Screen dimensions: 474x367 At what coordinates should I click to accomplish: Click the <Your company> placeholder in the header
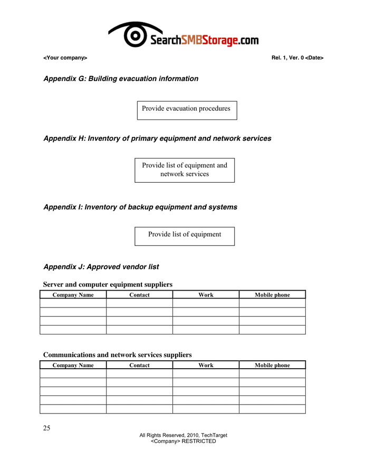click(65, 57)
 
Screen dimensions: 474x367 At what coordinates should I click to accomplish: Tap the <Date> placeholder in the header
click(314, 57)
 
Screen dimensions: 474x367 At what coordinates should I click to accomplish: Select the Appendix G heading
click(121, 78)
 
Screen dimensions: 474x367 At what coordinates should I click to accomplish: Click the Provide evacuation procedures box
click(186, 109)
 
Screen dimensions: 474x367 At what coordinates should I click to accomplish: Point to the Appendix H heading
click(157, 139)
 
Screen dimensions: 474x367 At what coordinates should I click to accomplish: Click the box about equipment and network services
click(185, 170)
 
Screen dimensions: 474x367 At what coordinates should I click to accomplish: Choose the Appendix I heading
click(140, 207)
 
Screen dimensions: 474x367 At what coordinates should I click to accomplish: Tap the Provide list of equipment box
click(185, 235)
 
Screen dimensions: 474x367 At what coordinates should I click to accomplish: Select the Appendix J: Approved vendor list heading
click(101, 267)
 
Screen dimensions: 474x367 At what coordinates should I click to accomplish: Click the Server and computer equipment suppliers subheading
click(108, 284)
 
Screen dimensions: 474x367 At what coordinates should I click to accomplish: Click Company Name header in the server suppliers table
click(73, 295)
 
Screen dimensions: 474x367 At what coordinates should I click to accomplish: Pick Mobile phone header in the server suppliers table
click(272, 295)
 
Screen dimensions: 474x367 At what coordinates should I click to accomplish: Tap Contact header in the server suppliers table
click(139, 295)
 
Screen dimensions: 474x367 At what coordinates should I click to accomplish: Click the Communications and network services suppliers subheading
click(117, 355)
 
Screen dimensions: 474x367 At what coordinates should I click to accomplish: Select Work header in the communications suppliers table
click(206, 365)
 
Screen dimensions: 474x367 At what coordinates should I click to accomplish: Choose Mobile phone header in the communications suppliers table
click(272, 365)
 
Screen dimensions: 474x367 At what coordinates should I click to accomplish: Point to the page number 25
click(47, 428)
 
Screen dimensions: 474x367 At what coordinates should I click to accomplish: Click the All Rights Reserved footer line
click(183, 435)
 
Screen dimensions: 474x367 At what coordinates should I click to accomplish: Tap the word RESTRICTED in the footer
click(199, 441)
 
